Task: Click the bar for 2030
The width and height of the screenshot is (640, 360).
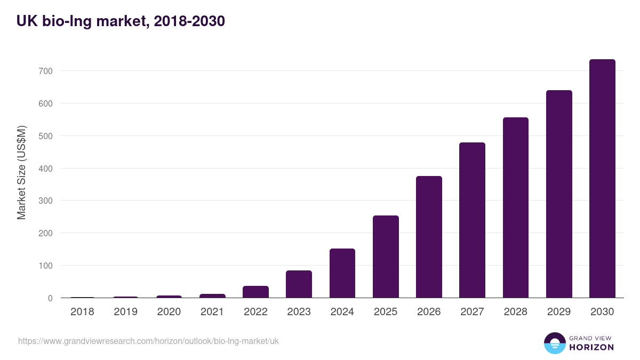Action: pos(602,179)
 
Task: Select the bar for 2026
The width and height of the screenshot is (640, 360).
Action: pos(429,237)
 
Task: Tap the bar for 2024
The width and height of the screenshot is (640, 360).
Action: pos(342,273)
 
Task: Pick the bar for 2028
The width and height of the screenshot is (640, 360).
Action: pos(516,207)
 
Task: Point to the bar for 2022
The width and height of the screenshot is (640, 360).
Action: pos(255,292)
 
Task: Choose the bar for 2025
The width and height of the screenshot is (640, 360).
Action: pos(386,257)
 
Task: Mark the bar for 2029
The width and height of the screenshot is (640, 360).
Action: pos(559,194)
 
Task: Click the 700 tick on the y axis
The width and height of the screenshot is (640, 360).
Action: pos(46,71)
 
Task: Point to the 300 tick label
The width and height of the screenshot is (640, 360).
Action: pos(46,201)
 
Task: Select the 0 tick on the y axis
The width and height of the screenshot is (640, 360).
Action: pos(50,298)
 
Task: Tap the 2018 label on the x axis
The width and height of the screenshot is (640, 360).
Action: pos(82,312)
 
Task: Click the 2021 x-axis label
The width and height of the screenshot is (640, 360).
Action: pos(212,312)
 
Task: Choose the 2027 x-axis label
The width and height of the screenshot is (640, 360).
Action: pos(473,312)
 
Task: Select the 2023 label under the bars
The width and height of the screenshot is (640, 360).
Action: pos(299,312)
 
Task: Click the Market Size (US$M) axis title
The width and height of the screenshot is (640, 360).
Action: pos(21,172)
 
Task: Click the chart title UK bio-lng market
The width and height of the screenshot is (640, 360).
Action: pos(121,21)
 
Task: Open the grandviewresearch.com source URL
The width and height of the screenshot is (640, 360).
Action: pos(148,341)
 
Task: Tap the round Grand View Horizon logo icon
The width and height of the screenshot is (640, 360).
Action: pos(554,343)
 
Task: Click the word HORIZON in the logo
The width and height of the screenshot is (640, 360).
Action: pos(591,347)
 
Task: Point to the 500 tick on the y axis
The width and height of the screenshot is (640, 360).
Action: pos(46,136)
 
